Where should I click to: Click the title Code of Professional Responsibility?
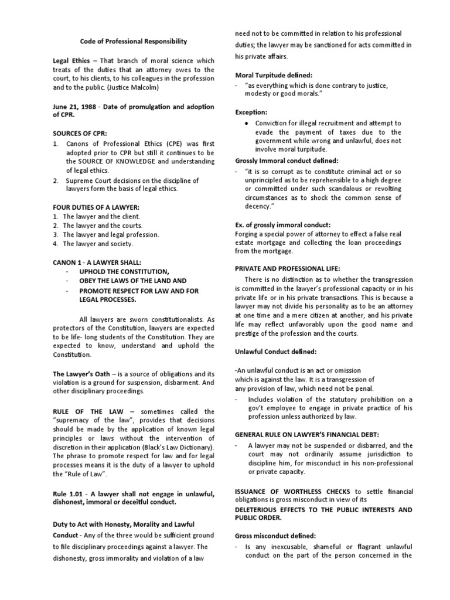pos(134,41)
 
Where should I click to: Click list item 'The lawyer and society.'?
pos(97,244)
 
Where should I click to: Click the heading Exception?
pos(251,111)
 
